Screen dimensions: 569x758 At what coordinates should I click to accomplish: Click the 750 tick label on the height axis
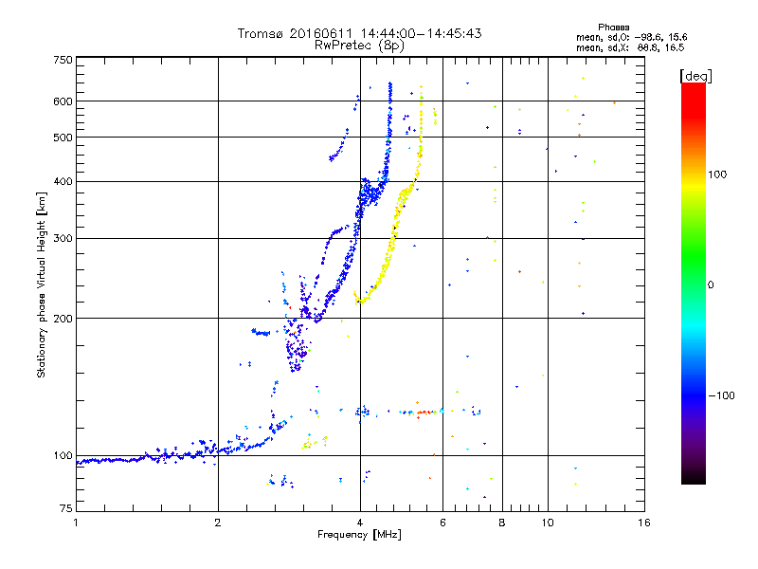click(x=63, y=59)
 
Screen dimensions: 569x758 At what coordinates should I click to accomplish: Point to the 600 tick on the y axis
click(x=63, y=101)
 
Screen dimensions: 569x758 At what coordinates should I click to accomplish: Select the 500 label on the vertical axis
click(x=63, y=137)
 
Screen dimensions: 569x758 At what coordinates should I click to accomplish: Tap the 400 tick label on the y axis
click(x=63, y=181)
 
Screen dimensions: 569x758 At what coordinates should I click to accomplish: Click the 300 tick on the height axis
click(x=63, y=238)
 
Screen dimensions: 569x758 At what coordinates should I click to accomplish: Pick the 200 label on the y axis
click(x=63, y=318)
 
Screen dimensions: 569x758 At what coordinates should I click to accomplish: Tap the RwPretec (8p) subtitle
click(x=359, y=45)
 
